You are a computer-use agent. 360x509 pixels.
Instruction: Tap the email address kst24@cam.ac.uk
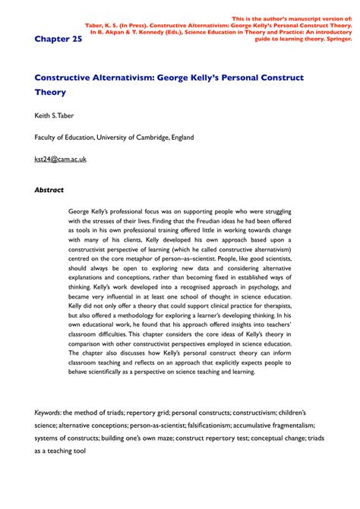pyautogui.click(x=61, y=160)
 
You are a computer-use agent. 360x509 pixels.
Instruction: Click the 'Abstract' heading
pyautogui.click(x=49, y=190)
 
